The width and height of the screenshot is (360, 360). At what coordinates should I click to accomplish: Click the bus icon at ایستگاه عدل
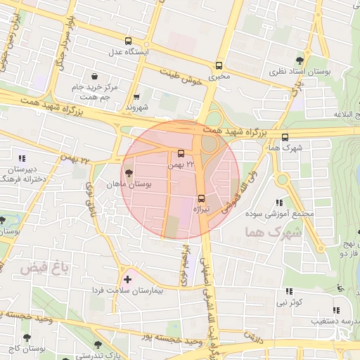128,41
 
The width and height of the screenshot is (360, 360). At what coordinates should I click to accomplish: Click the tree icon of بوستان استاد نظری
301,60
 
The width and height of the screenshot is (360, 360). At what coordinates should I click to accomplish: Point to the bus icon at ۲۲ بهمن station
181,153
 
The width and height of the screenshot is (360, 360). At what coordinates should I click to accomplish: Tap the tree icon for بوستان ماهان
128,173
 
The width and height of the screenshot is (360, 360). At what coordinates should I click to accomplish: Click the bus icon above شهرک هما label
285,138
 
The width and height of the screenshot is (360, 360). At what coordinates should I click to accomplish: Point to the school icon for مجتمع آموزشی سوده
279,203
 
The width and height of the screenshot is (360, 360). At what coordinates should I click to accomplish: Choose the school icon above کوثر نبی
289,291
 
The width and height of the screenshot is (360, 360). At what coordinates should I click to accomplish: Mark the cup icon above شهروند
136,97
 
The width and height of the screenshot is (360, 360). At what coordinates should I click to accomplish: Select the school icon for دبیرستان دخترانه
22,157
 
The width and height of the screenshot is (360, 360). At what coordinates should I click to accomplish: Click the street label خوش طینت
181,77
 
